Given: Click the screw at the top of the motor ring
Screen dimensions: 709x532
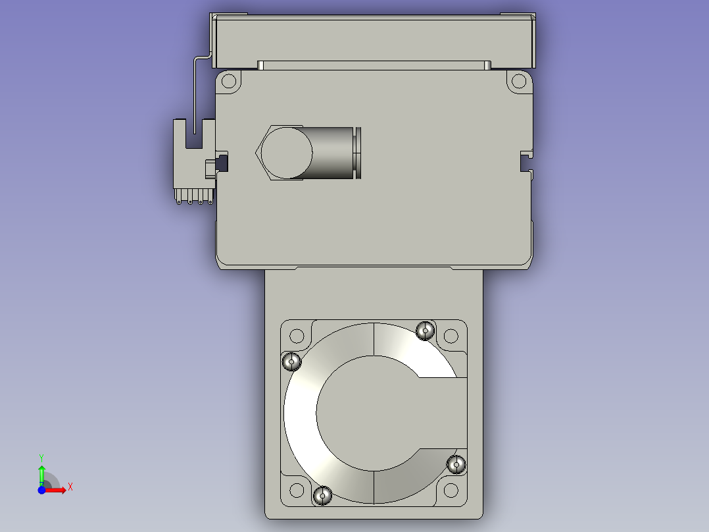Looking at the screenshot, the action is (425, 331).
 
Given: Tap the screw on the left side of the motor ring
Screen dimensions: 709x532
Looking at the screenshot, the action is (291, 361).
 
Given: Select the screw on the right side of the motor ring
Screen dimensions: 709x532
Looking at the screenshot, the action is (456, 465).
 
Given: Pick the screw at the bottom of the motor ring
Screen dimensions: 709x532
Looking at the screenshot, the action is (322, 496).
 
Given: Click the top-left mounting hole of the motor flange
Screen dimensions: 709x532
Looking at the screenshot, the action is (297, 336).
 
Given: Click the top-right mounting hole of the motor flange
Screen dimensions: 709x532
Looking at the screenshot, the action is (451, 336).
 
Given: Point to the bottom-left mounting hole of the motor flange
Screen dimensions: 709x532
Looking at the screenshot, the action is (297, 490).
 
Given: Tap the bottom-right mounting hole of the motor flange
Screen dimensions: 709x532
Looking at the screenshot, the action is (451, 490).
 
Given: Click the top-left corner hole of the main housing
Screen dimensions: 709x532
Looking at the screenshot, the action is (229, 82).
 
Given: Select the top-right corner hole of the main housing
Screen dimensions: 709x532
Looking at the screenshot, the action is (519, 82).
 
